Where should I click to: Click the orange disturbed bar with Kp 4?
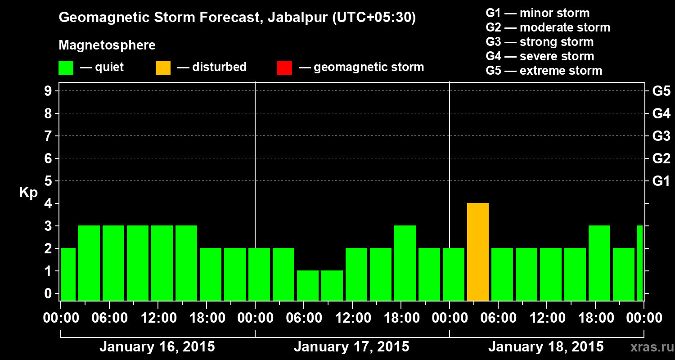(478, 252)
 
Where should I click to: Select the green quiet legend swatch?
(66, 68)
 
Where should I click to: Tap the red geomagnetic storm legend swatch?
(284, 68)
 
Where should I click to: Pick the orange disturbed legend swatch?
(163, 68)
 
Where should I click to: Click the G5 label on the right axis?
(661, 91)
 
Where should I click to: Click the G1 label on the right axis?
(661, 181)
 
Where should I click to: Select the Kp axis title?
(28, 193)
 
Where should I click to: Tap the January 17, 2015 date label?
(351, 347)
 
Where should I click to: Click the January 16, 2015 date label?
(157, 347)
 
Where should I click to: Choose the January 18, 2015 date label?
(546, 347)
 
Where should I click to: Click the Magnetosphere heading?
(107, 45)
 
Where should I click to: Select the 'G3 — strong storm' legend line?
(540, 42)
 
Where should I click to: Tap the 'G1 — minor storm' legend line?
(538, 13)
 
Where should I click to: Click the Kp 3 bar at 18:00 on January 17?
(405, 263)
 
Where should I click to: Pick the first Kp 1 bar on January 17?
(308, 285)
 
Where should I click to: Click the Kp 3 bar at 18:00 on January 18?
(599, 263)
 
